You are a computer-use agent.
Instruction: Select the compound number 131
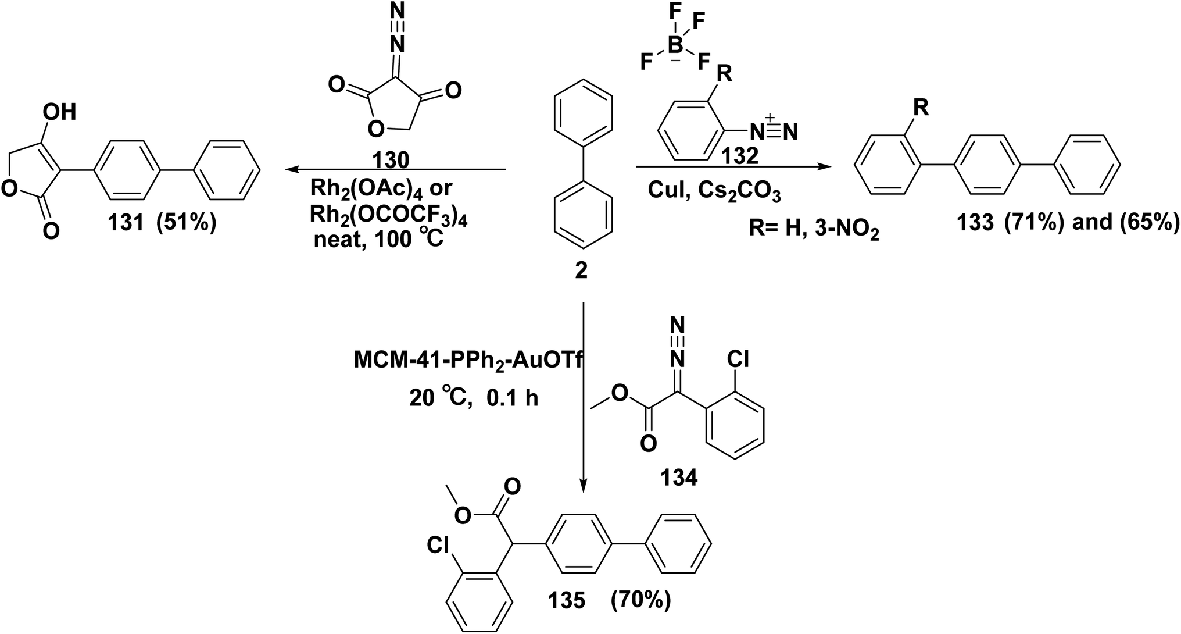coord(124,223)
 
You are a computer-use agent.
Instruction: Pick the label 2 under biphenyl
coord(581,270)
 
